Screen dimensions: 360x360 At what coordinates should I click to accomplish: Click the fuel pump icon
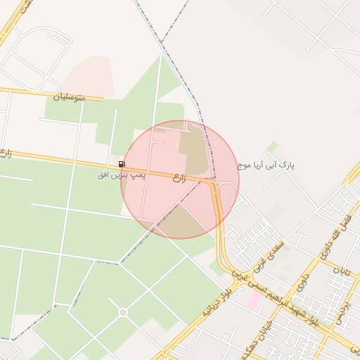pyautogui.click(x=122, y=164)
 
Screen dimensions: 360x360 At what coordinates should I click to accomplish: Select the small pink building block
pyautogui.click(x=254, y=300)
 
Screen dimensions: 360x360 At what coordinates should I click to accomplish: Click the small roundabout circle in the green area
pyautogui.click(x=123, y=311)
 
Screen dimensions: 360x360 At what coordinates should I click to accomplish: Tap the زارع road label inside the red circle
pyautogui.click(x=179, y=179)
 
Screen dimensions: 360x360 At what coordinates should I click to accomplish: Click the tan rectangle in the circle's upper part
pyautogui.click(x=193, y=148)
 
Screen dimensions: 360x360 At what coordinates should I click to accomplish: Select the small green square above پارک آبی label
pyautogui.click(x=272, y=147)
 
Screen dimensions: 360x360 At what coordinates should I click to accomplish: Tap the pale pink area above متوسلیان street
pyautogui.click(x=88, y=76)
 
